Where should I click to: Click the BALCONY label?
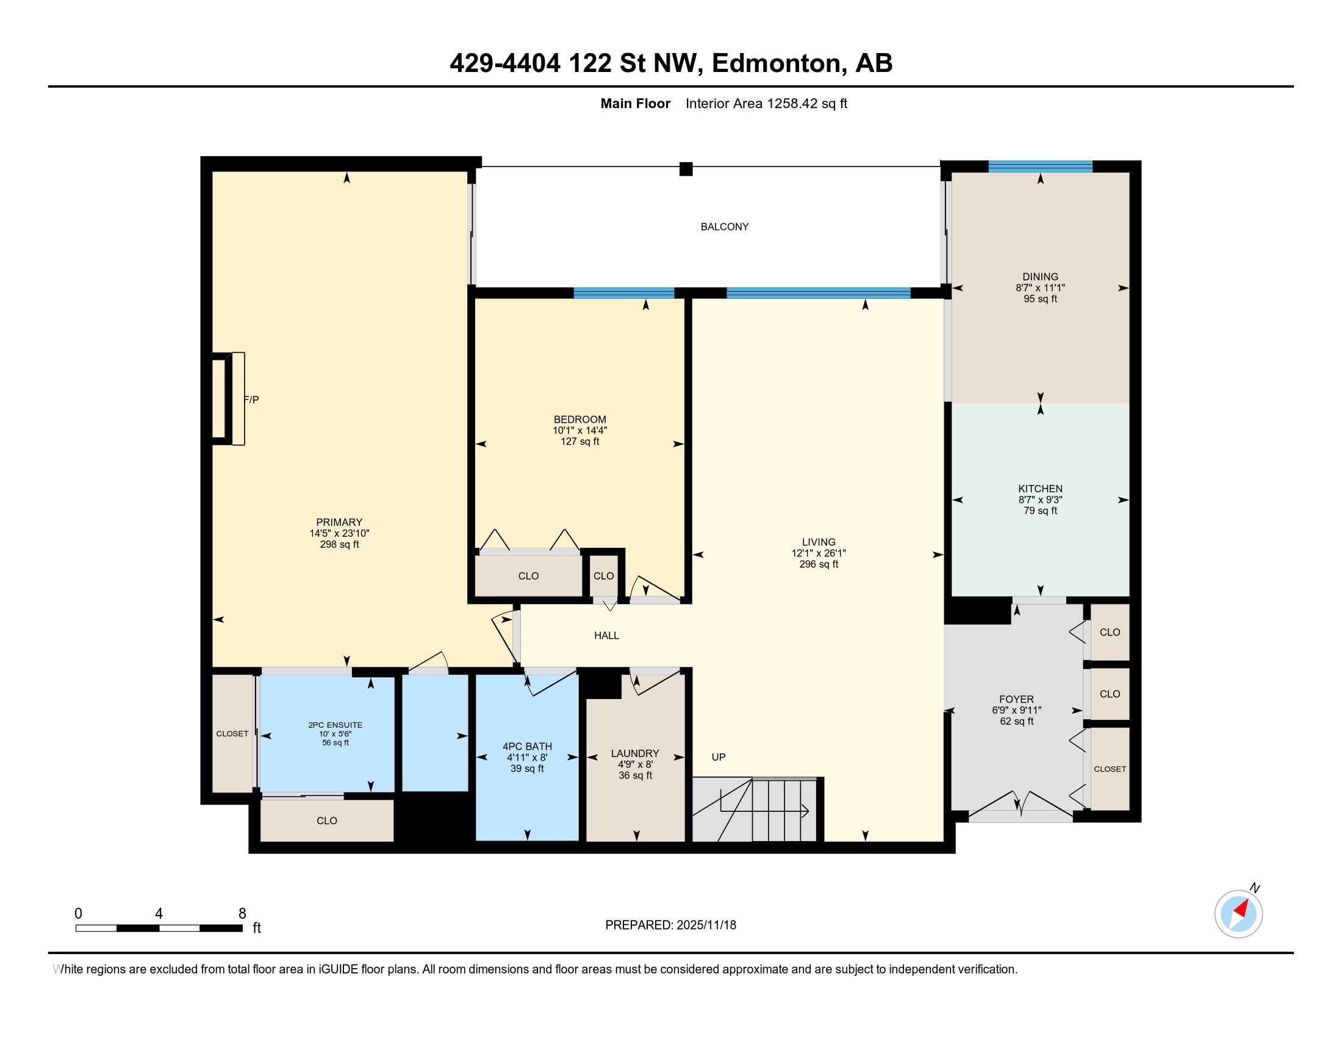point(725,227)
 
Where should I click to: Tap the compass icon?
point(1238,914)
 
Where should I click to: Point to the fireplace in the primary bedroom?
point(228,398)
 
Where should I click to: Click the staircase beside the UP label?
point(756,809)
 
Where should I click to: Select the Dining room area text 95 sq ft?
point(1040,299)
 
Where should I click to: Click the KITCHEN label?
point(1040,489)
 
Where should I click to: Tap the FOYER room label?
point(1016,699)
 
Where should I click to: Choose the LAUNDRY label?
point(635,753)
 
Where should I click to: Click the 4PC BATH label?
point(527,747)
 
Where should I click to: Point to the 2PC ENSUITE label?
point(335,725)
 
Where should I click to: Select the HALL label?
point(606,636)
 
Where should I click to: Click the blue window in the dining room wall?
point(1040,166)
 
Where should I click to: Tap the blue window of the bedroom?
point(623,293)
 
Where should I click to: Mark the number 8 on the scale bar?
point(242,914)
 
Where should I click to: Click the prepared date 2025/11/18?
point(706,925)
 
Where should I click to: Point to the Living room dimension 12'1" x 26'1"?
point(819,553)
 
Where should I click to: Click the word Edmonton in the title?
point(776,63)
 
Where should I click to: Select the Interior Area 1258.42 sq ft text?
point(766,104)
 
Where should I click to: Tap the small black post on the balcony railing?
point(686,169)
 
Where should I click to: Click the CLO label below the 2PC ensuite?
point(327,820)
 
